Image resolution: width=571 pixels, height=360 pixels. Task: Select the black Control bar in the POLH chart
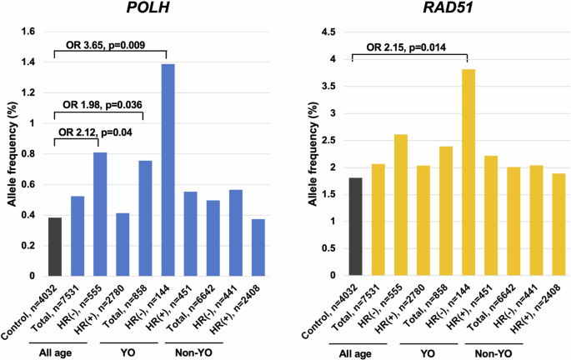pos(56,247)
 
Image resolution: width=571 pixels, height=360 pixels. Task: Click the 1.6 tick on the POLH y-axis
pos(28,32)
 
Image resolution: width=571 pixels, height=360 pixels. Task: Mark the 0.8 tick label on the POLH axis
pos(28,154)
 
